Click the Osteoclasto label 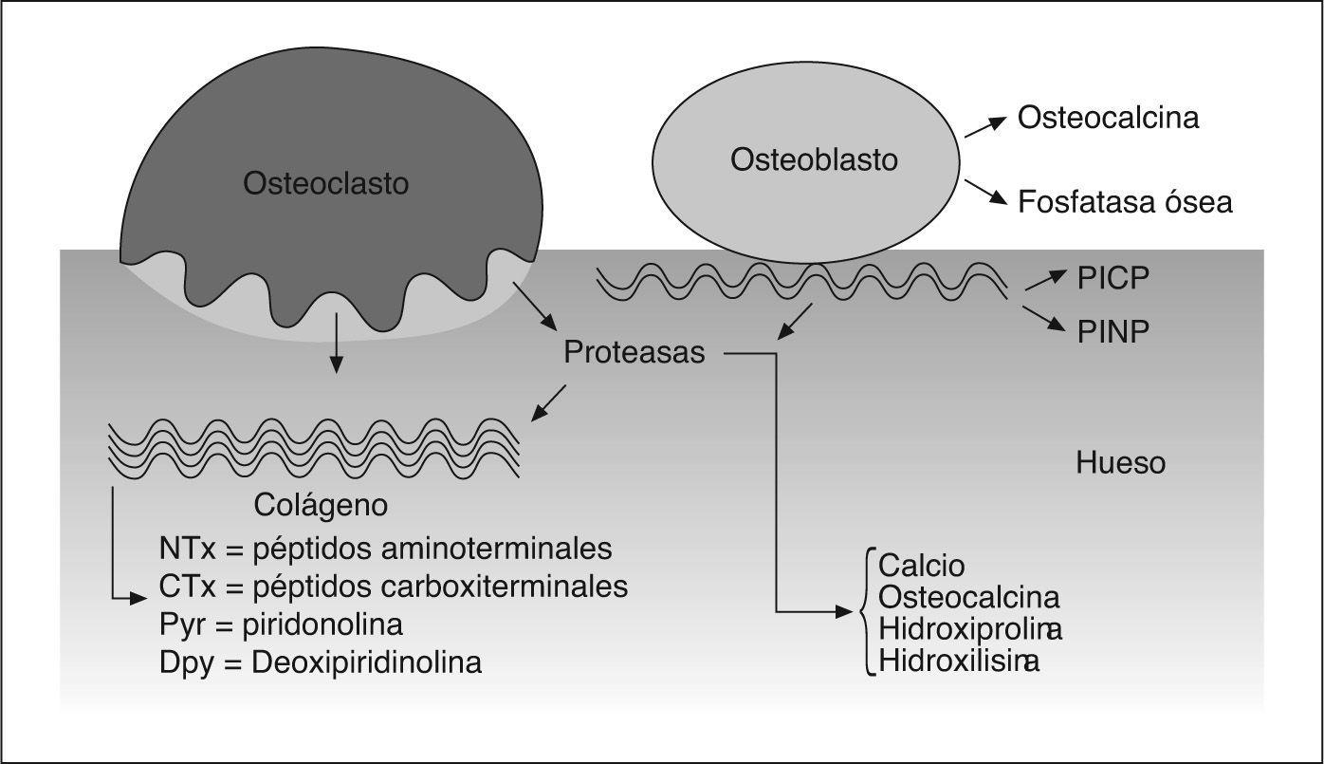pos(325,183)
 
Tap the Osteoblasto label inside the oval pos(814,160)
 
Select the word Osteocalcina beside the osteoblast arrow pos(1108,118)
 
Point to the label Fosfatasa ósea pos(1125,202)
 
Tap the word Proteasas pos(634,353)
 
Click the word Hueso pos(1120,463)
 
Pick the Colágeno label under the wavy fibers pos(321,506)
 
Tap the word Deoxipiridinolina pos(366,662)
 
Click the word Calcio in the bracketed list pos(921,566)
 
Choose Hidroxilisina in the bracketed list pos(958,661)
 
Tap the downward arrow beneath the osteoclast pos(334,346)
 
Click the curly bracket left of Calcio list pos(865,612)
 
